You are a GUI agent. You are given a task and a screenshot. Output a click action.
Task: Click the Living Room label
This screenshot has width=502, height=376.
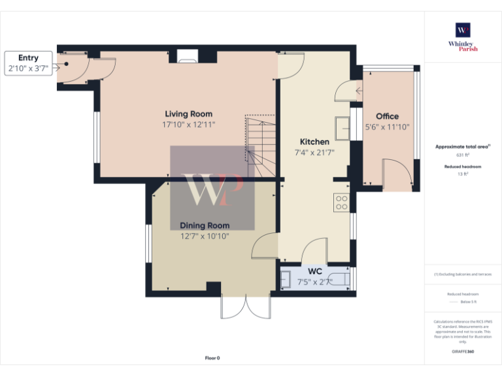188,114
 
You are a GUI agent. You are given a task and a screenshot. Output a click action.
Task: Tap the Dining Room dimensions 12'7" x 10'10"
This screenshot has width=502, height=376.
205,236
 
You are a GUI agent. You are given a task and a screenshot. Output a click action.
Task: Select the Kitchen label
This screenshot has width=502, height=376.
314,142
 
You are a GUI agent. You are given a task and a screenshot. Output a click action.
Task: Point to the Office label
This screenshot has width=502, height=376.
387,116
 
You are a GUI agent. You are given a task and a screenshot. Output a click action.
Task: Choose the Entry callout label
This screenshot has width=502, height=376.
28,58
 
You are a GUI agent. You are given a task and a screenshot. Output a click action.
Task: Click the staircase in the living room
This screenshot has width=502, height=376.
261,146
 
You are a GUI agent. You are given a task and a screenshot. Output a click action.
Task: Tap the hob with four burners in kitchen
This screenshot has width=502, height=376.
341,202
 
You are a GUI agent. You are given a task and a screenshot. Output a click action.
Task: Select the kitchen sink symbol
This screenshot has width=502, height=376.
342,125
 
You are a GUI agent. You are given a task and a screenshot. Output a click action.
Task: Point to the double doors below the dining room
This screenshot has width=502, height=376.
245,307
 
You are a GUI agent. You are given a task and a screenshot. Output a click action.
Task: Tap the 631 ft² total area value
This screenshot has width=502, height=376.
463,156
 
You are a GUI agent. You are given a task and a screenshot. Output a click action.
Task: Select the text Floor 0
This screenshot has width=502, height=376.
212,358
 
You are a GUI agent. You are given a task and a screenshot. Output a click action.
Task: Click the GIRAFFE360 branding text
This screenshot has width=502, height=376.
463,352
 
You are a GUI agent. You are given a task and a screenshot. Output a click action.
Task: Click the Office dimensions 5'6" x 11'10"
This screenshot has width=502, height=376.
387,127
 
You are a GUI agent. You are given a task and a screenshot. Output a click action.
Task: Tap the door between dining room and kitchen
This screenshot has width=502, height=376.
265,247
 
